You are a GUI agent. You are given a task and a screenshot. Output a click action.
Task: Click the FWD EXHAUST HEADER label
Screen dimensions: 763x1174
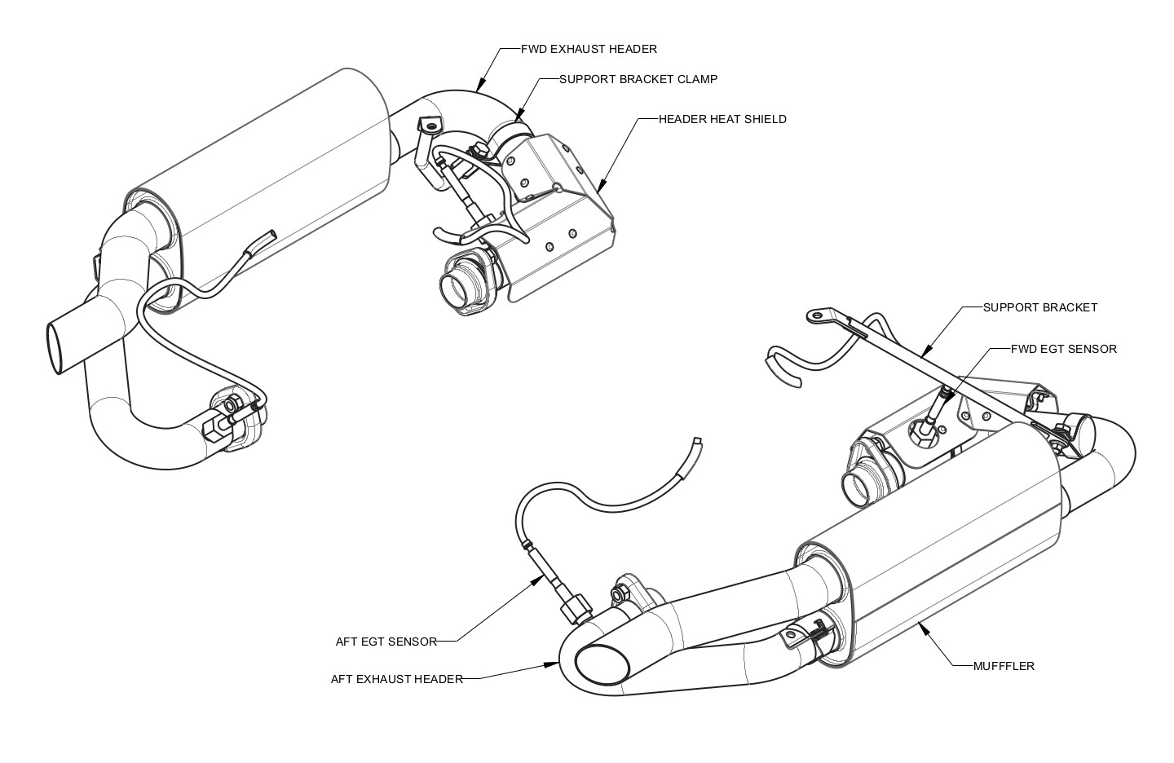pos(589,49)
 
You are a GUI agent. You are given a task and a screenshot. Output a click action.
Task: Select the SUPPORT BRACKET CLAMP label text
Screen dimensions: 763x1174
pos(638,79)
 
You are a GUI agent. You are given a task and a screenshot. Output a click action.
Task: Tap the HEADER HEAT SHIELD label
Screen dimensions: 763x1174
pos(722,119)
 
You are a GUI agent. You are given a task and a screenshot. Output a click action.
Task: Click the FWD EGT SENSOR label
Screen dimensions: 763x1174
pos(1063,349)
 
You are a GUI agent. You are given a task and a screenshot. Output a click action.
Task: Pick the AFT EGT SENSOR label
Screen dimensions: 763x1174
pos(386,642)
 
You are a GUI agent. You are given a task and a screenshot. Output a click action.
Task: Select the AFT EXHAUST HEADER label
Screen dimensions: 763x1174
pos(396,678)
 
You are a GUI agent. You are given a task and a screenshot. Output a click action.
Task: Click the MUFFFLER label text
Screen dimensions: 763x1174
pos(1004,666)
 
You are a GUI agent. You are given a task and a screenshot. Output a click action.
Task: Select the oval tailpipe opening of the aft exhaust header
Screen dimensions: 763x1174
pos(602,664)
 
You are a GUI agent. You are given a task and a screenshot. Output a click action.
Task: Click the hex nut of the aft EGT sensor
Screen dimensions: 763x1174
pos(576,608)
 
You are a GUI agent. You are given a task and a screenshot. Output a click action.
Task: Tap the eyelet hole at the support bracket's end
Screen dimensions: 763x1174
pos(814,315)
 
